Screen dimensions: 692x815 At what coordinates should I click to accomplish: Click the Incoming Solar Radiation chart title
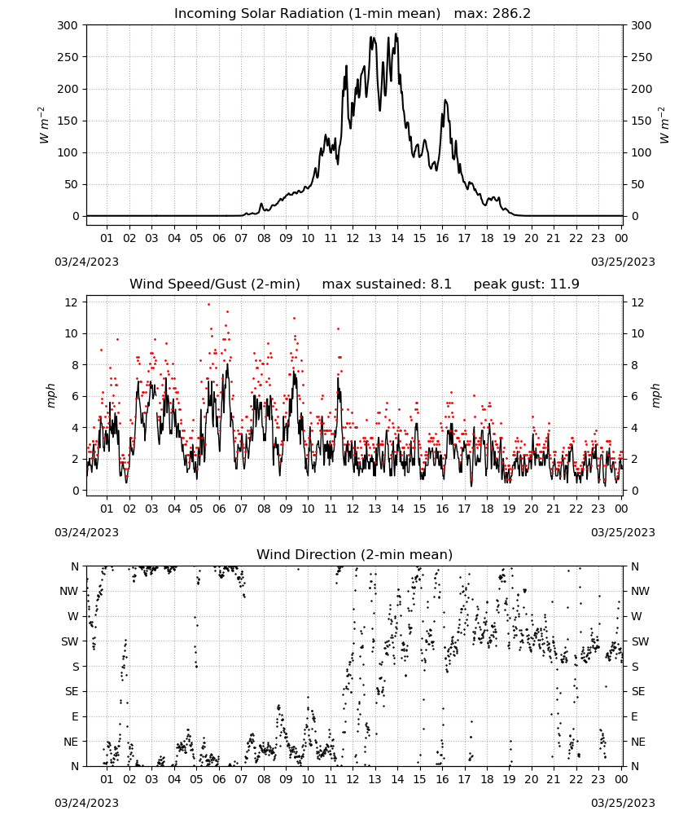tap(307, 14)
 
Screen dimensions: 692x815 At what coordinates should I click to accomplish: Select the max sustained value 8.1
tap(440, 284)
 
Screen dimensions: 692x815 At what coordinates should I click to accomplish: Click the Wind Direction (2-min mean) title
tap(355, 554)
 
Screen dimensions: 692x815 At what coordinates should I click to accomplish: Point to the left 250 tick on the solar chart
tap(68, 57)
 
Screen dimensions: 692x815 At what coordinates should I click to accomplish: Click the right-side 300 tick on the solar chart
tap(642, 25)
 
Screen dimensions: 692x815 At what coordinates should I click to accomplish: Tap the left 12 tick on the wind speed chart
tap(72, 302)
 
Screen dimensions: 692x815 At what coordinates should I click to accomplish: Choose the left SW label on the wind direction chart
tap(70, 641)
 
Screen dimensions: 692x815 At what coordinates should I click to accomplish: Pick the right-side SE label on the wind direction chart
tap(638, 691)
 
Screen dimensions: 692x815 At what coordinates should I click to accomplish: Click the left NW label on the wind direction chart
tap(69, 591)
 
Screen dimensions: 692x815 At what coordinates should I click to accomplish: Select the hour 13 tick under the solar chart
tap(374, 238)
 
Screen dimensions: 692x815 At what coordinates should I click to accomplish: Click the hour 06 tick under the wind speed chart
tap(219, 509)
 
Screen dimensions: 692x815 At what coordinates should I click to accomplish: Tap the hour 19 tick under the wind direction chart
tap(510, 779)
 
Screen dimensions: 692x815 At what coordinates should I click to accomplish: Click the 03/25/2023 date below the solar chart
tap(623, 262)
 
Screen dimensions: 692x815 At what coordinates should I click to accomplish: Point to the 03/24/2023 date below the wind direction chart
tap(86, 803)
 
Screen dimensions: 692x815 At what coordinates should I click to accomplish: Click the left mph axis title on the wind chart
tap(50, 396)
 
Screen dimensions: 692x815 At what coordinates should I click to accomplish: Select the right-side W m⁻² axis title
tap(664, 126)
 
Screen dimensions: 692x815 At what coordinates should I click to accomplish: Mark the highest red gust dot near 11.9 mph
tap(208, 304)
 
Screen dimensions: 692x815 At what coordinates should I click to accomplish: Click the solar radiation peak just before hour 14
tap(396, 33)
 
